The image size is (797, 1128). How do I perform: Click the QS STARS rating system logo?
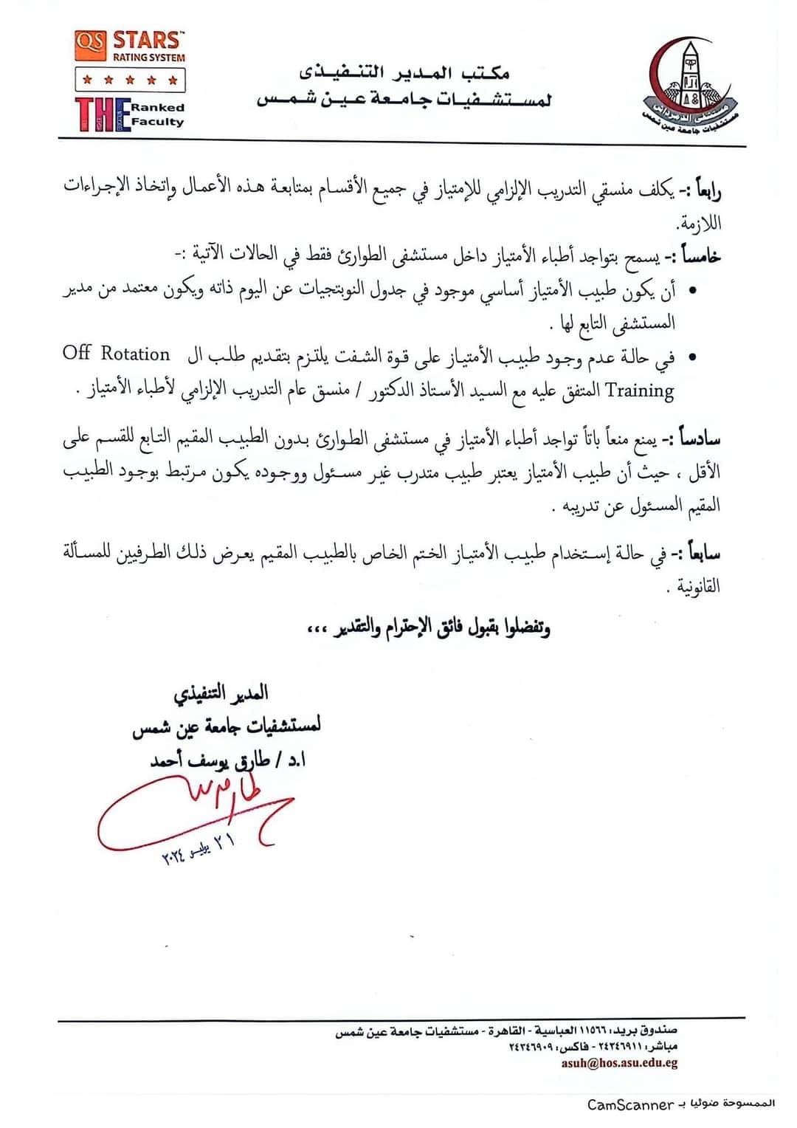(x=130, y=46)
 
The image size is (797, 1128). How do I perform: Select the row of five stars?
(x=130, y=79)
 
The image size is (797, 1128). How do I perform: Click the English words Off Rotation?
(x=117, y=354)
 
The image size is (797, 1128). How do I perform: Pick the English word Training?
(x=640, y=391)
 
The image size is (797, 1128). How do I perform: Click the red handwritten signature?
(x=192, y=812)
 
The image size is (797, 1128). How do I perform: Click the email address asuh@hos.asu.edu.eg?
(x=619, y=1063)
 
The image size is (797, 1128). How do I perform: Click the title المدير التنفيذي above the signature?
(x=221, y=693)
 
